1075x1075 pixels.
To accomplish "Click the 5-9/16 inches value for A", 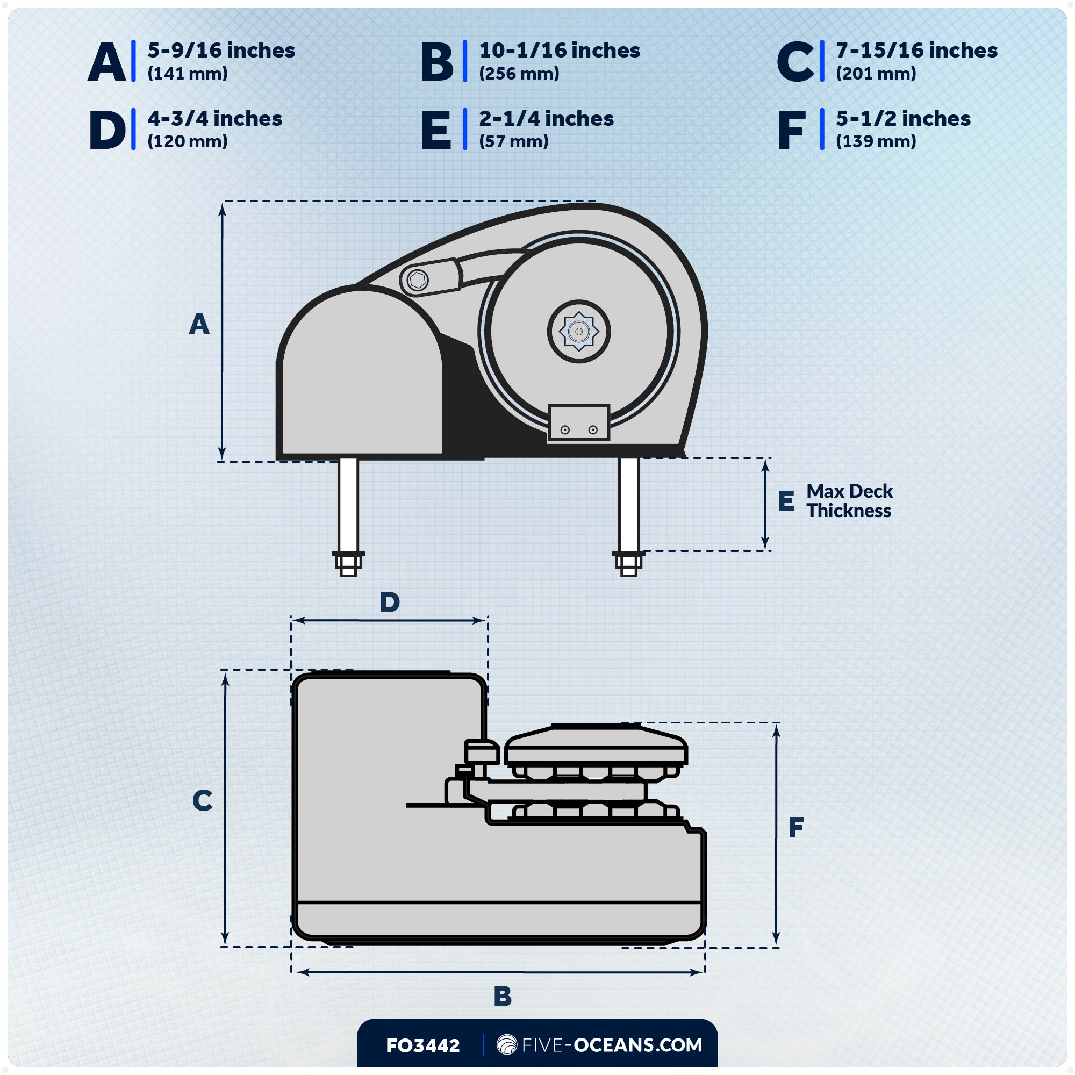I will [x=221, y=51].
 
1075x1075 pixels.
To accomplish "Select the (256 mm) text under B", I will [x=519, y=74].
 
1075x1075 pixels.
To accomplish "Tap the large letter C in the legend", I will [x=795, y=62].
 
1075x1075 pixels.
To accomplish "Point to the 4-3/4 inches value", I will [x=214, y=118].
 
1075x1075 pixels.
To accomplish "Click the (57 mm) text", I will [x=513, y=141].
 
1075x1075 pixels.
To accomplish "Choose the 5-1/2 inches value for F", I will [x=902, y=118].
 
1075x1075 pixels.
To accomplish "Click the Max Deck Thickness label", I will [x=849, y=501].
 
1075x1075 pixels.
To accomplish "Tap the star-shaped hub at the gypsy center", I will [x=579, y=332].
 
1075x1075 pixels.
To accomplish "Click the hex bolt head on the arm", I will [x=417, y=280].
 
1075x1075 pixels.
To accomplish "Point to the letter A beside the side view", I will [x=199, y=324].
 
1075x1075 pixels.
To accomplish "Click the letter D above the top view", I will [x=390, y=602].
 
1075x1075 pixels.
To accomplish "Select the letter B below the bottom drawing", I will [x=503, y=996].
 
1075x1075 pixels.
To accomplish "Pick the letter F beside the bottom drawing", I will [x=795, y=828].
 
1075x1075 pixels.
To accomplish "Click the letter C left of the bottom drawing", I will [x=202, y=801].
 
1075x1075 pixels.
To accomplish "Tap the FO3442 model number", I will [x=423, y=1045].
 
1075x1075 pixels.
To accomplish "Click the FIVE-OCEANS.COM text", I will [x=612, y=1045].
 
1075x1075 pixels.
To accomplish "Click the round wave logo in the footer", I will [x=506, y=1045].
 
